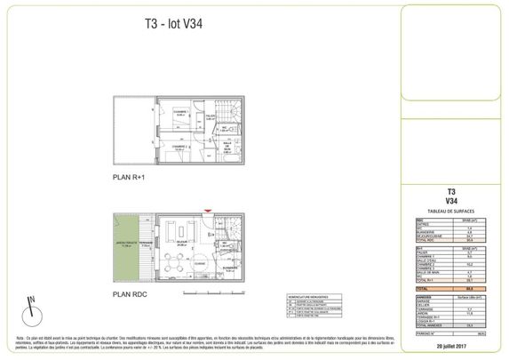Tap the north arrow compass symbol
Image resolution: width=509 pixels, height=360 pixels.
click(32, 308)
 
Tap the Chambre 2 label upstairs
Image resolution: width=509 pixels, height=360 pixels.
click(178, 148)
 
